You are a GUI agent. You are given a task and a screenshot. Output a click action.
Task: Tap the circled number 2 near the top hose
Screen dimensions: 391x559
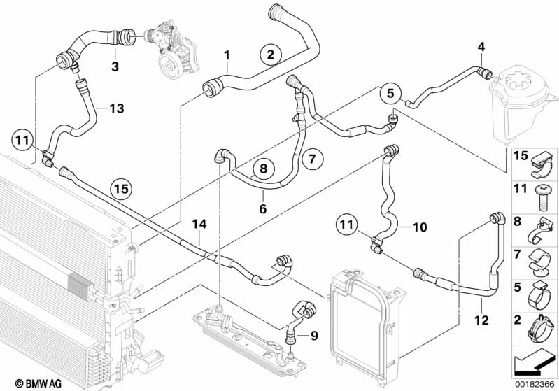click(271, 54)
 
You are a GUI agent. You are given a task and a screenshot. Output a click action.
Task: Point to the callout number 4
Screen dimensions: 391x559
click(481, 48)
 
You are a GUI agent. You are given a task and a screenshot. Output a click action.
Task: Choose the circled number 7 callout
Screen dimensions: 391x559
click(313, 159)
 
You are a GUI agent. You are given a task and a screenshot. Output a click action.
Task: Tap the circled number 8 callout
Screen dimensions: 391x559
click(263, 169)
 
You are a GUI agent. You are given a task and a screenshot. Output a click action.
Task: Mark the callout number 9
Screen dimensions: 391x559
click(314, 335)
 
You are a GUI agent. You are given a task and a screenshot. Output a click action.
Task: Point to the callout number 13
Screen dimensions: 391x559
click(116, 108)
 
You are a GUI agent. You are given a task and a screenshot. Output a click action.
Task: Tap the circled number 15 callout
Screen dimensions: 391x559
click(122, 188)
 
